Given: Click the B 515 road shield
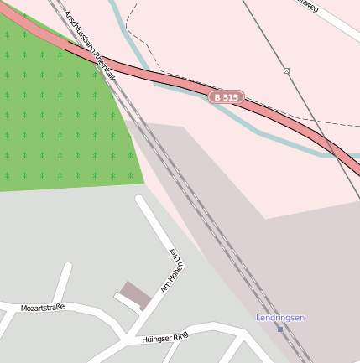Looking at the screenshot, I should pyautogui.click(x=226, y=97).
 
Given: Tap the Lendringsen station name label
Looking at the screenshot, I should pyautogui.click(x=280, y=318).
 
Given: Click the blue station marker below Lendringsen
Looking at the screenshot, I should pyautogui.click(x=280, y=329).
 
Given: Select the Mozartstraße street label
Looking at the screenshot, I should pyautogui.click(x=43, y=308).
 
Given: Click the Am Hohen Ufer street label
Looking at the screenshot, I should pyautogui.click(x=172, y=269).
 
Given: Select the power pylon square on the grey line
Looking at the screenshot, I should pyautogui.click(x=286, y=70).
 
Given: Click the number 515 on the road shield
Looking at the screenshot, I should pyautogui.click(x=231, y=97).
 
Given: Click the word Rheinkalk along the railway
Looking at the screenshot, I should pyautogui.click(x=107, y=65).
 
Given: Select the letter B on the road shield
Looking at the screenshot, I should pyautogui.click(x=217, y=97).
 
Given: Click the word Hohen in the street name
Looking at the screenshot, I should pyautogui.click(x=172, y=271).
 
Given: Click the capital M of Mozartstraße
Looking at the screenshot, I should pyautogui.click(x=23, y=309).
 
